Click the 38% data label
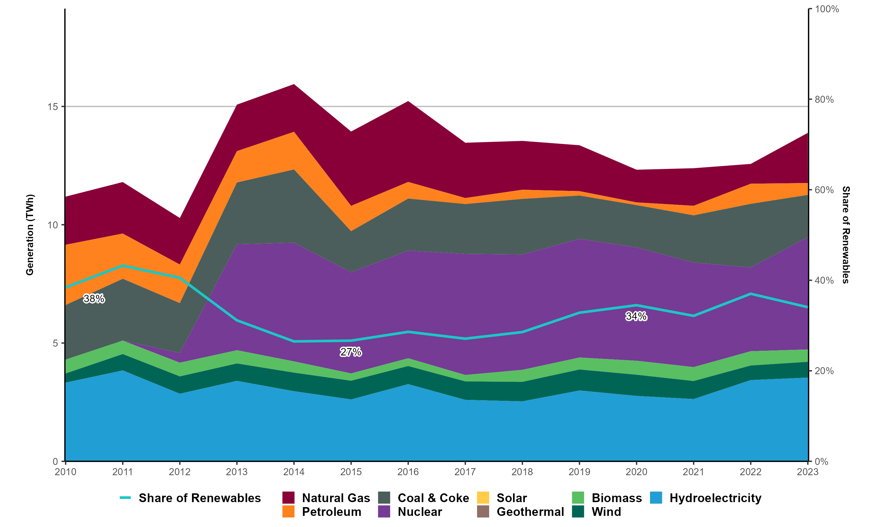click(94, 299)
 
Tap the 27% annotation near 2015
click(351, 352)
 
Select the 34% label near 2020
click(636, 316)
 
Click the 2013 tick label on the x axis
click(237, 472)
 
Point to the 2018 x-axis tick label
click(522, 472)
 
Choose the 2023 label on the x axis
click(807, 472)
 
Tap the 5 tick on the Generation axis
click(55, 343)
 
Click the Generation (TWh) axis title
click(30, 235)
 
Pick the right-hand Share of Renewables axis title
click(846, 235)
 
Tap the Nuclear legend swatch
click(384, 512)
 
